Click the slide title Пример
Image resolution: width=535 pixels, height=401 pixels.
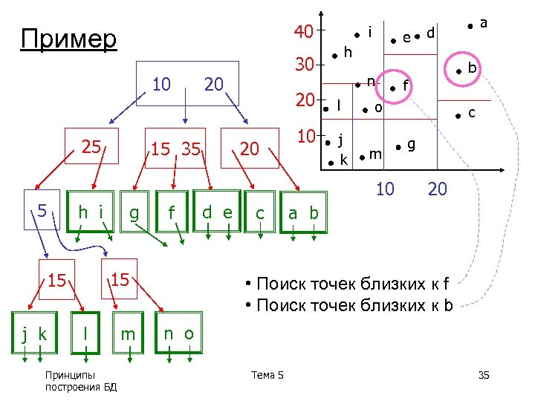click(x=69, y=39)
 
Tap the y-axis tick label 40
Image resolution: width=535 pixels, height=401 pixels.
click(x=303, y=32)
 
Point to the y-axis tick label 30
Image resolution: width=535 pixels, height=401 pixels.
click(x=303, y=65)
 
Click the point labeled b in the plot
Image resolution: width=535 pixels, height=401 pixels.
click(x=459, y=71)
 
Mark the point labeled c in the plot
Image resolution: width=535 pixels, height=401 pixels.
click(x=459, y=114)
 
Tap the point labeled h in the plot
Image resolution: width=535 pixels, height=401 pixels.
click(x=335, y=53)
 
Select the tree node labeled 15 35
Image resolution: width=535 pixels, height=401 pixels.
click(x=175, y=149)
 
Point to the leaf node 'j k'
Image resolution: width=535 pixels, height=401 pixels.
click(x=35, y=334)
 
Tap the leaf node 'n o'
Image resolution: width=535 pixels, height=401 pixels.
click(x=179, y=334)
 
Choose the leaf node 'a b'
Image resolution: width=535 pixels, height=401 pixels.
click(x=303, y=214)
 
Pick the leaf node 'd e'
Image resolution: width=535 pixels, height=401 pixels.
click(x=218, y=212)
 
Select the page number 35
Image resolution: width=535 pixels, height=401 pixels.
click(x=483, y=375)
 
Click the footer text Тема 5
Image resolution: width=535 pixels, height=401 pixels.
click(x=267, y=375)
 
